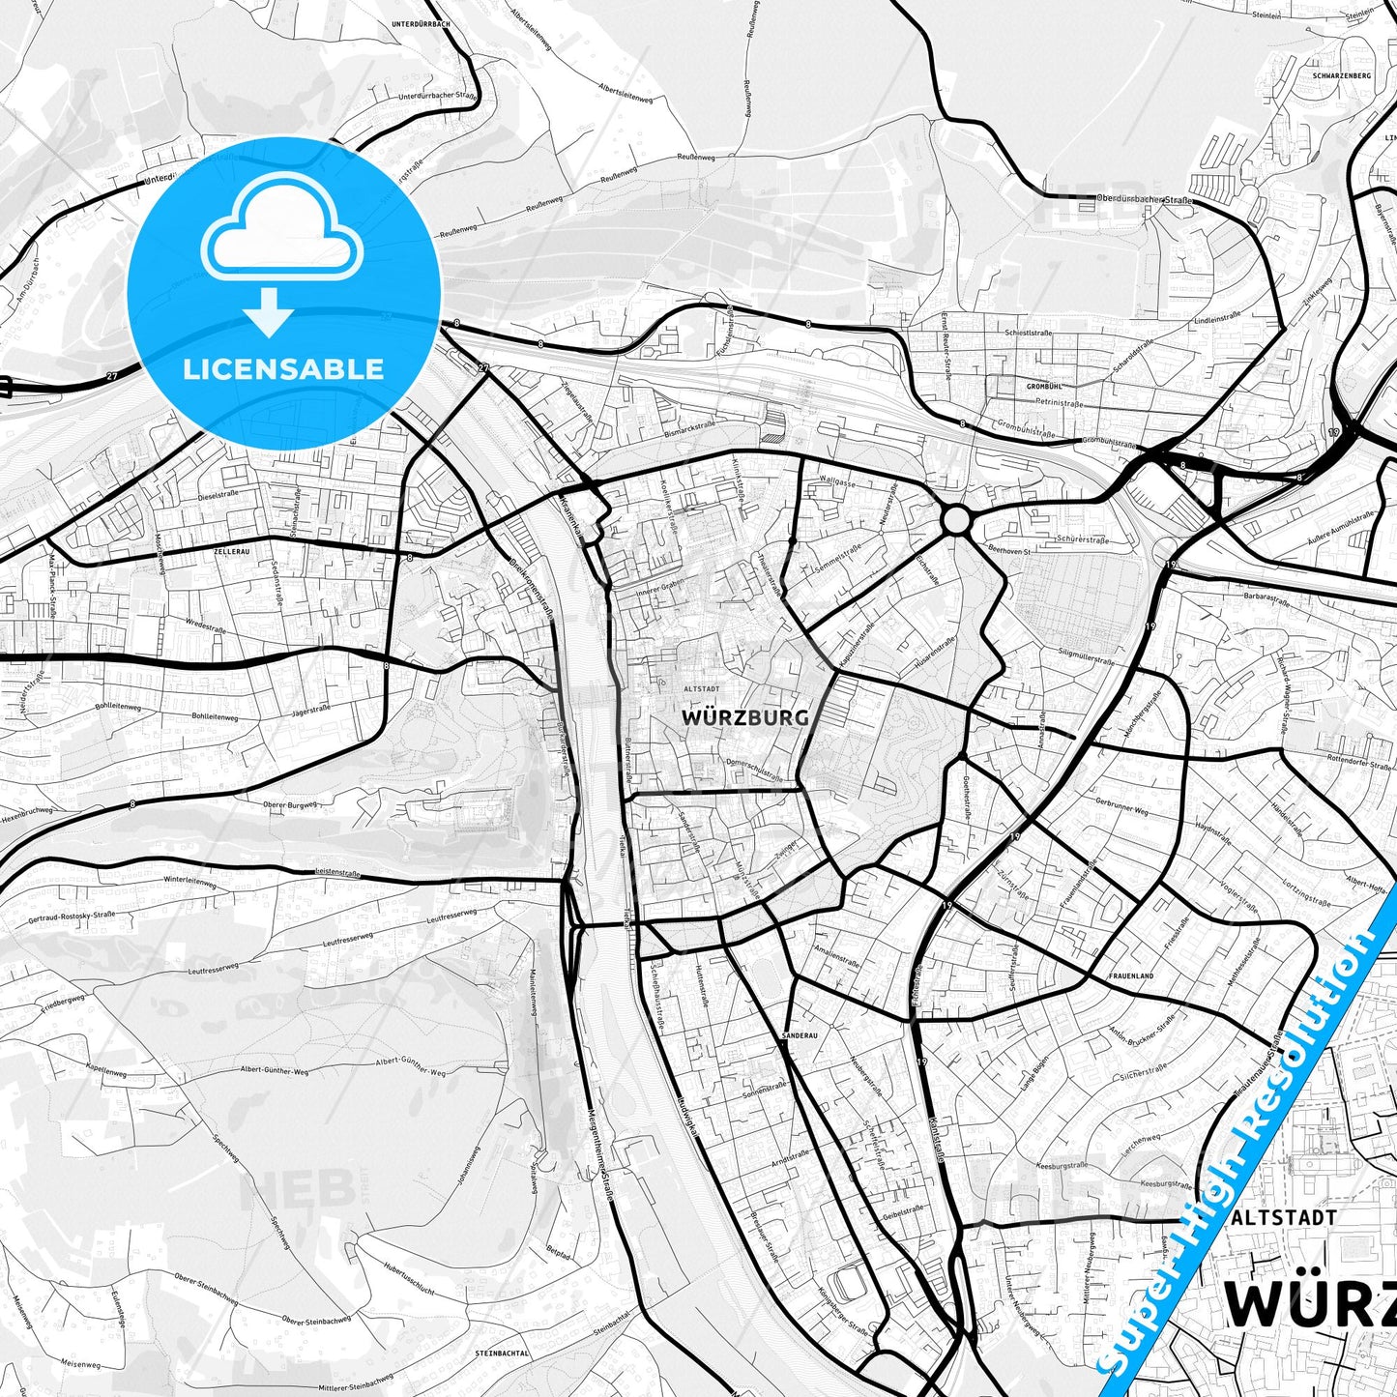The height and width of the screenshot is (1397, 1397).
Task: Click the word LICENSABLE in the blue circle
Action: pyautogui.click(x=283, y=369)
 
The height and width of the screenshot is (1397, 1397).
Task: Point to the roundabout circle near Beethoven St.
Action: pyautogui.click(x=956, y=519)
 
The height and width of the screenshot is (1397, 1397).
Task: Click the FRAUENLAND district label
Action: pyautogui.click(x=1131, y=976)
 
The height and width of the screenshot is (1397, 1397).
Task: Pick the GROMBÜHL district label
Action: pyautogui.click(x=1044, y=386)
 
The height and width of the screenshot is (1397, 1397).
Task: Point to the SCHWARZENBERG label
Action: pyautogui.click(x=1342, y=74)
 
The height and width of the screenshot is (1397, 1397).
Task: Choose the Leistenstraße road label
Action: pyautogui.click(x=337, y=873)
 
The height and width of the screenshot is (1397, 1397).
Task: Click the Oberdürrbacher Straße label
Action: pyautogui.click(x=1145, y=200)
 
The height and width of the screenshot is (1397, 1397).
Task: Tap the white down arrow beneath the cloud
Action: pyautogui.click(x=269, y=311)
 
